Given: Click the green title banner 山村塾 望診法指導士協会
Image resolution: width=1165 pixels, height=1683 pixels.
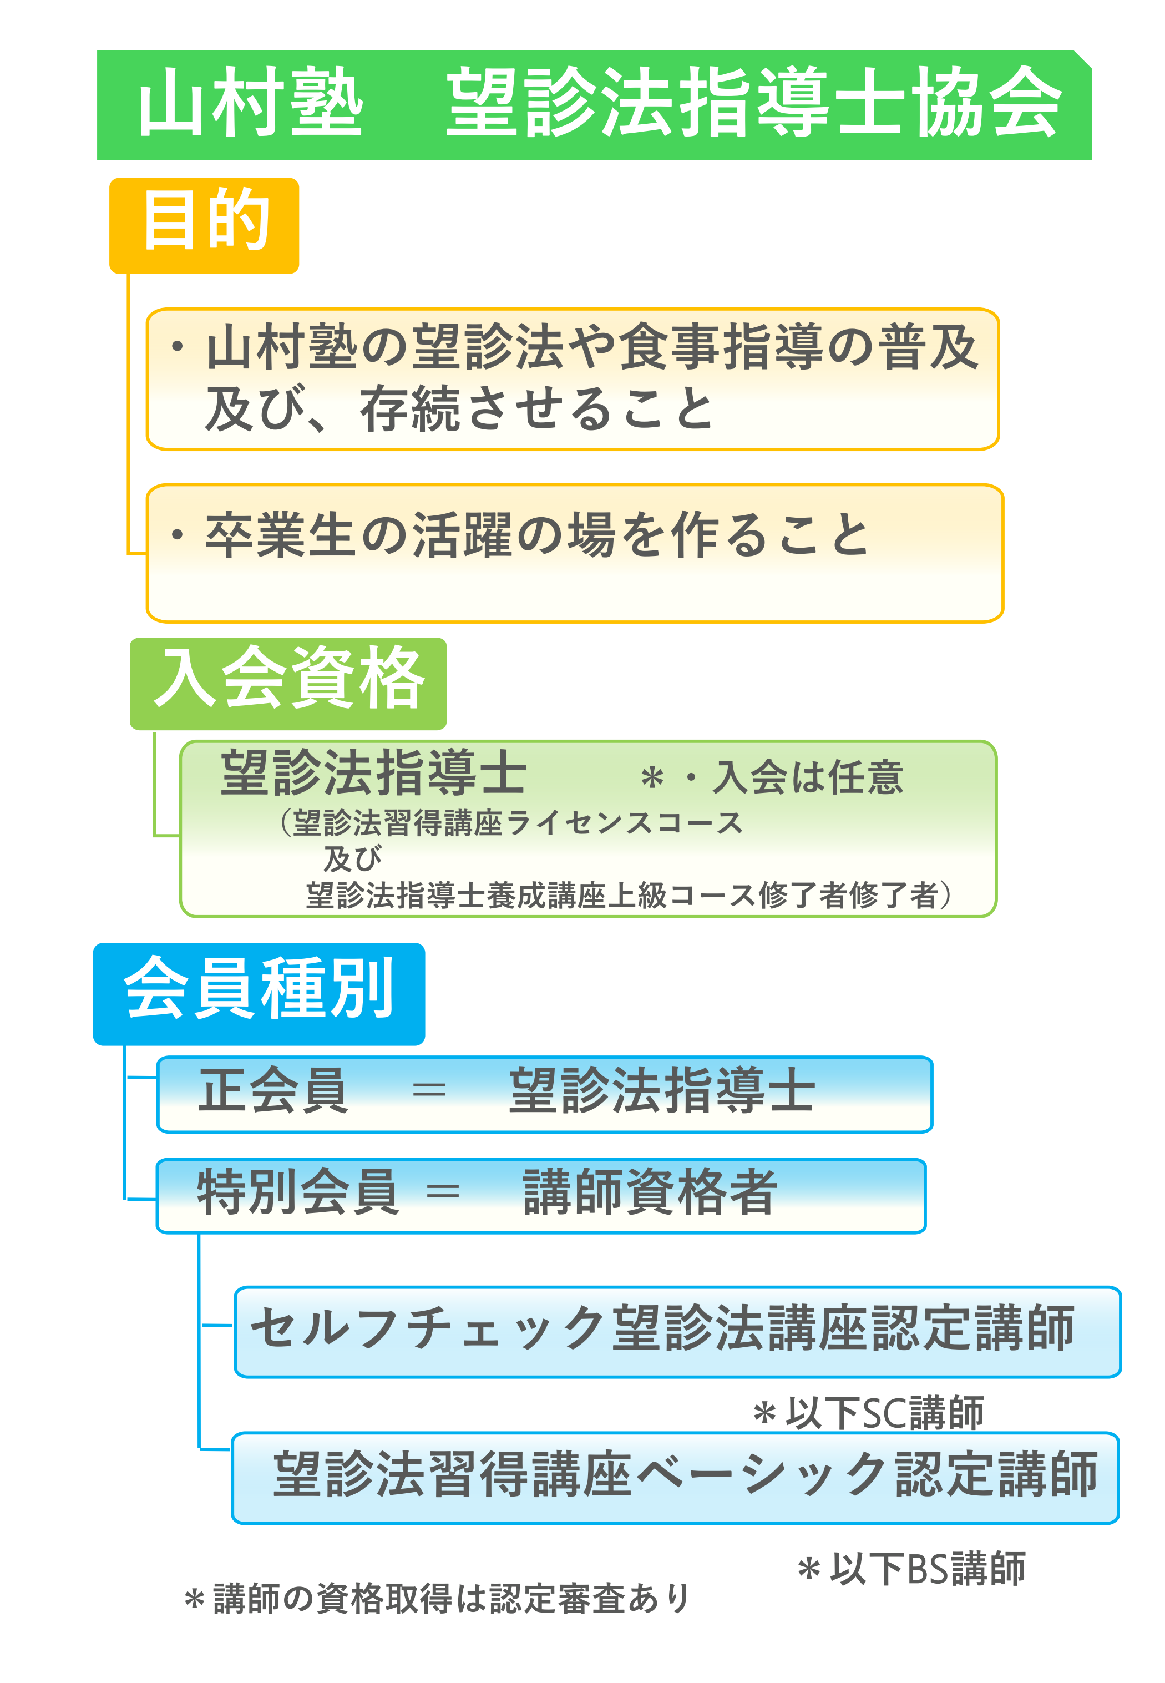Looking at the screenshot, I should point(594,104).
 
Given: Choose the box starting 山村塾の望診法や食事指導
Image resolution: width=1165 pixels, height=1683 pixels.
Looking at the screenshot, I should point(573,378).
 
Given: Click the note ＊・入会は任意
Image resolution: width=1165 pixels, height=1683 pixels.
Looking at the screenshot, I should point(772,777).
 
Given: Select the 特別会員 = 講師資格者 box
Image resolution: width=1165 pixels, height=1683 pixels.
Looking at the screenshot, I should point(540,1195).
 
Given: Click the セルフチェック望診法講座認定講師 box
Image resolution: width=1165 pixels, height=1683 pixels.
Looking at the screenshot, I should point(677,1332).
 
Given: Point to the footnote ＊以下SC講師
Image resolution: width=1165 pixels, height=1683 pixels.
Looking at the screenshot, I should point(868,1413).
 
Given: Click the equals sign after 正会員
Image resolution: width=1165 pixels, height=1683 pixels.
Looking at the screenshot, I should point(428,1091).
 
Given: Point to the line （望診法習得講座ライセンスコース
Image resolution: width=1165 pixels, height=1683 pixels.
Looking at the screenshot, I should point(510,823).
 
